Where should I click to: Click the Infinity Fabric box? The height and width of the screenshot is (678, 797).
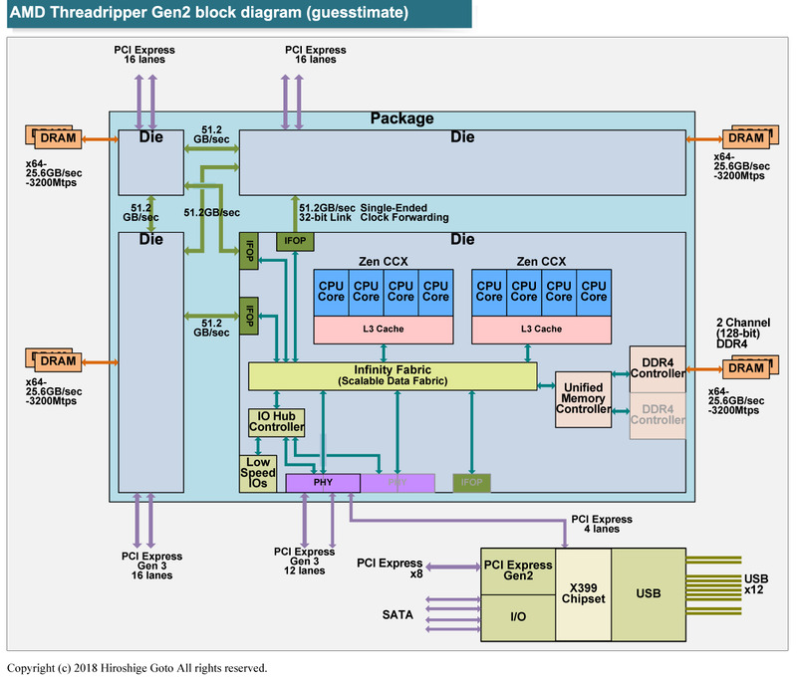point(392,376)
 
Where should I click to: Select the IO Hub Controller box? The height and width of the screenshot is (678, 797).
point(276,422)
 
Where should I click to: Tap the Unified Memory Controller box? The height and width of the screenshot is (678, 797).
point(581,398)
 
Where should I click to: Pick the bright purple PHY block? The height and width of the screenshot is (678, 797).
point(323,483)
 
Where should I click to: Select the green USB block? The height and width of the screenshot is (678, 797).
point(648,594)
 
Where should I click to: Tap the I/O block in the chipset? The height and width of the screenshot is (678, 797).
point(518,617)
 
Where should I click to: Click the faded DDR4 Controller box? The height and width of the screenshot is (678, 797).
point(658,414)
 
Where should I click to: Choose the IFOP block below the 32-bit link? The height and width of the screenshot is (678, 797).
point(296,240)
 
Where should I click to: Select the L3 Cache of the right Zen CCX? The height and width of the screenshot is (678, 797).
point(541,329)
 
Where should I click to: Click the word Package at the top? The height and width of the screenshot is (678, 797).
point(401,118)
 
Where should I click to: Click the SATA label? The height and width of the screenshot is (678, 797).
point(397,614)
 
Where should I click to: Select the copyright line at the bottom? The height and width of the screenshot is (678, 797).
point(136,668)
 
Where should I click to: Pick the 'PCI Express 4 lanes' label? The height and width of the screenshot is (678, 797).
point(601,524)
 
